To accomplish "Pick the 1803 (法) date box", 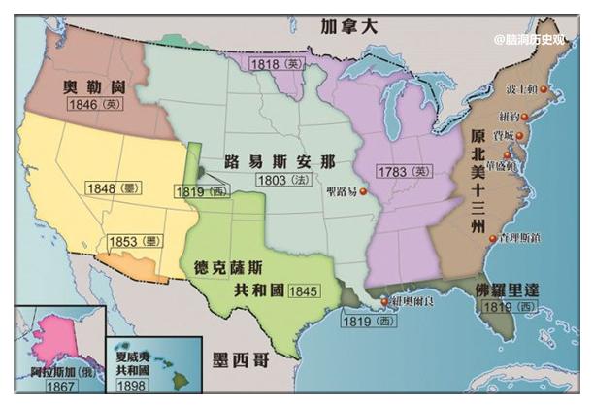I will (x=281, y=180).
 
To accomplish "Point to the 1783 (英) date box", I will (x=404, y=172).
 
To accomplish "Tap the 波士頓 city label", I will (x=523, y=89).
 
